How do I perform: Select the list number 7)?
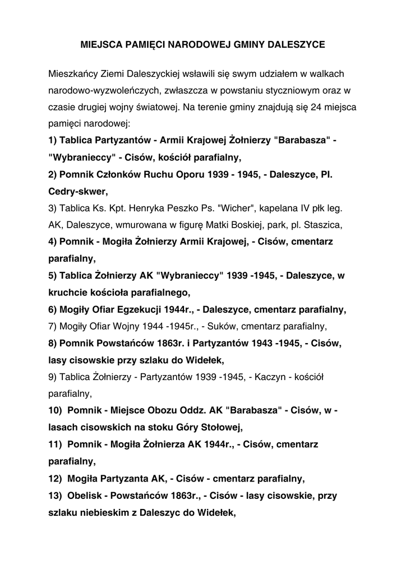point(53,325)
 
